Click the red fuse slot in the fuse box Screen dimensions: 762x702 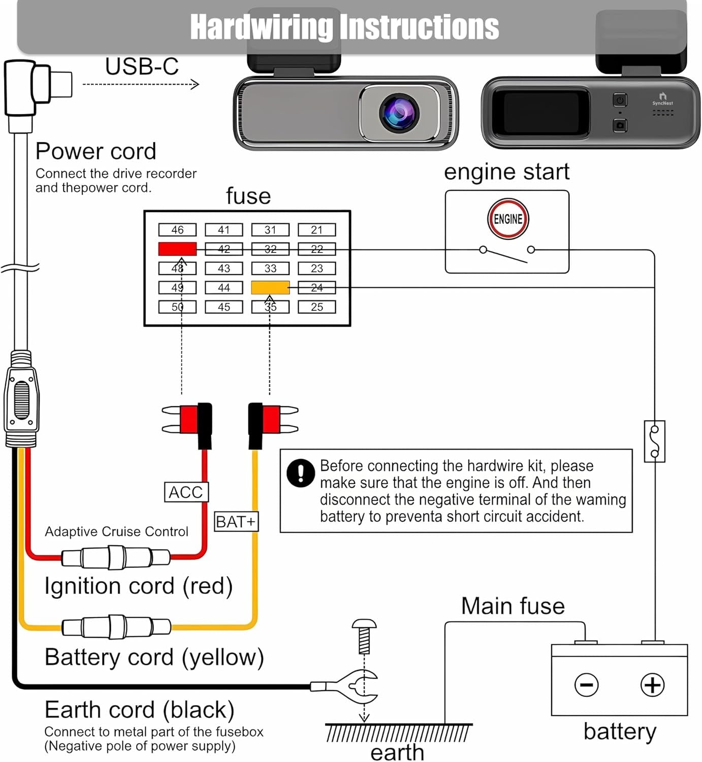177,249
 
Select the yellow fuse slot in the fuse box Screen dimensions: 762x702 270,288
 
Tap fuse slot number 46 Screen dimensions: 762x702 177,230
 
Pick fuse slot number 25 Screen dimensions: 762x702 316,307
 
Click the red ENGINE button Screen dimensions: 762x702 508,219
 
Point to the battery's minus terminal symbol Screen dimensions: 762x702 586,685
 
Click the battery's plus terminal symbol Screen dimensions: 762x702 652,685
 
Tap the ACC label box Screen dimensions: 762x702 186,492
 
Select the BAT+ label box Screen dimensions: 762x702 236,522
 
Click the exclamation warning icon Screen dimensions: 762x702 301,473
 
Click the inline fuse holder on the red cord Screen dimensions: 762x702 116,558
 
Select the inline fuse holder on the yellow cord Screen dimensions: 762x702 116,627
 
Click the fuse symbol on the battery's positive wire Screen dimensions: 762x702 654,441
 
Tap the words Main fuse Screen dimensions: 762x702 513,606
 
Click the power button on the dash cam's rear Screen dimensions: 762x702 620,100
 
